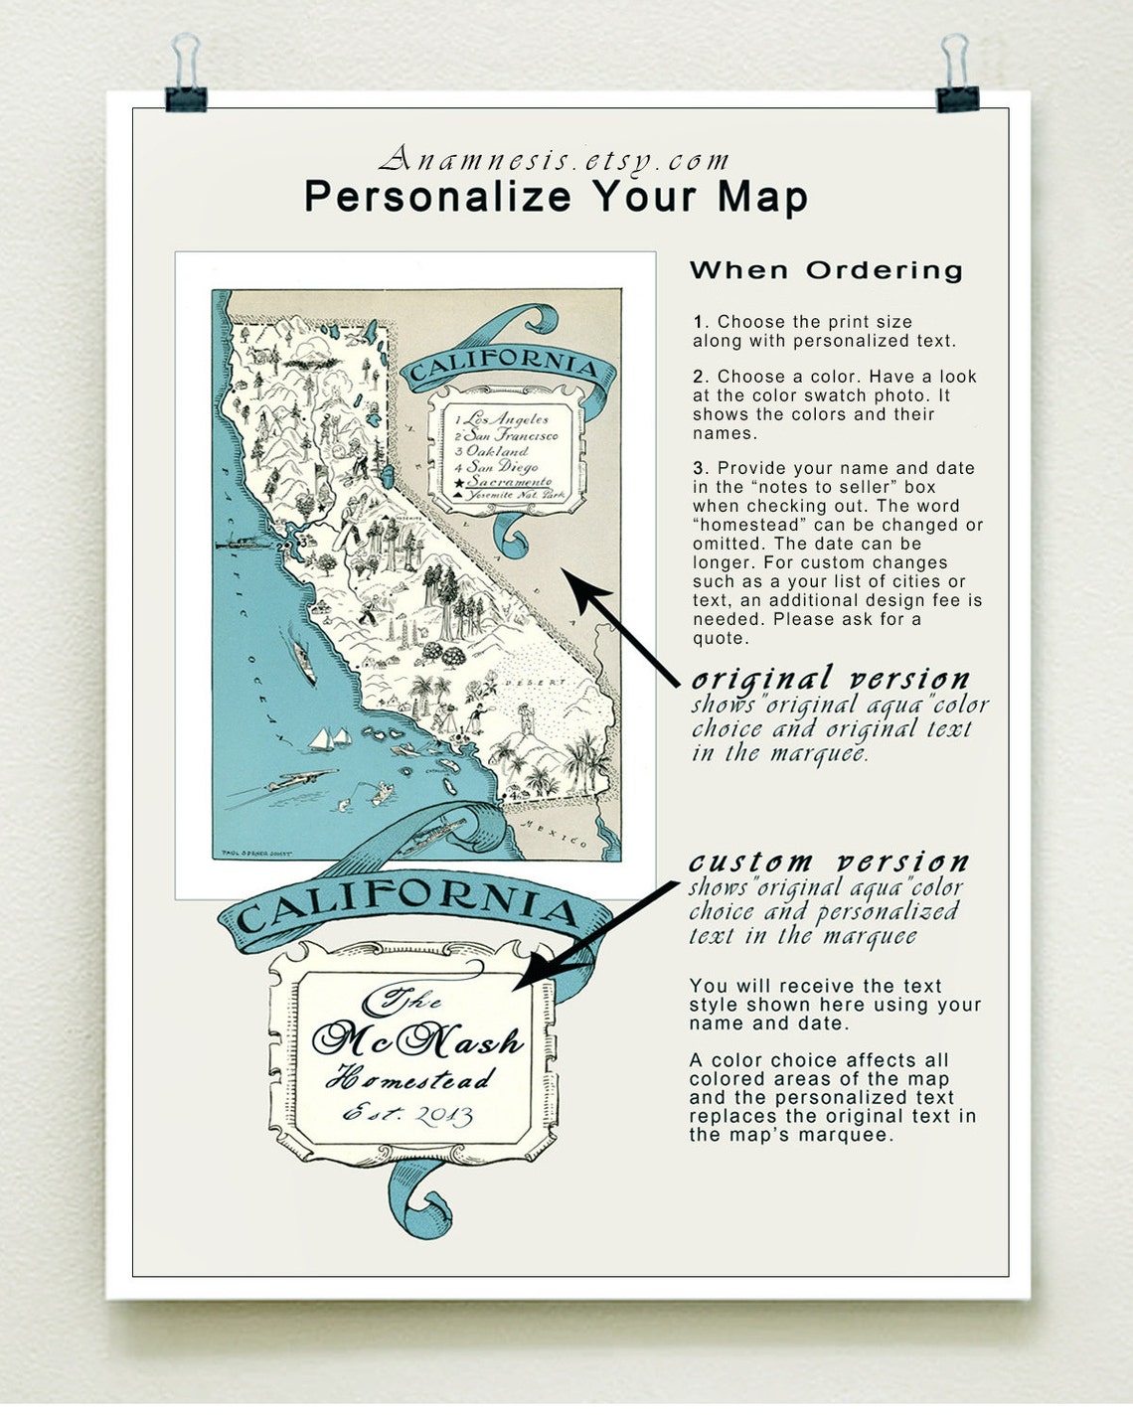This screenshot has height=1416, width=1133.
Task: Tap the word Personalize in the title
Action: pyautogui.click(x=437, y=197)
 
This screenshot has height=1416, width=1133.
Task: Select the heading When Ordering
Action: pyautogui.click(x=826, y=270)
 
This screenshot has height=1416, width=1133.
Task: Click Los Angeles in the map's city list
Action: pyautogui.click(x=506, y=419)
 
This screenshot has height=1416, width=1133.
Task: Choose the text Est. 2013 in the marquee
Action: pyautogui.click(x=407, y=1114)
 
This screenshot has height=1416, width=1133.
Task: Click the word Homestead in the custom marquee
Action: pyautogui.click(x=413, y=1077)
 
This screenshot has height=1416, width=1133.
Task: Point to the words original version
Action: pyautogui.click(x=831, y=680)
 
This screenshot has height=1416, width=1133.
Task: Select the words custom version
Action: pyautogui.click(x=829, y=862)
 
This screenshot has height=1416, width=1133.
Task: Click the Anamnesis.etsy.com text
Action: pyautogui.click(x=555, y=160)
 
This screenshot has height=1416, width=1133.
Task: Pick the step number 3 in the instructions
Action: pyautogui.click(x=699, y=468)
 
